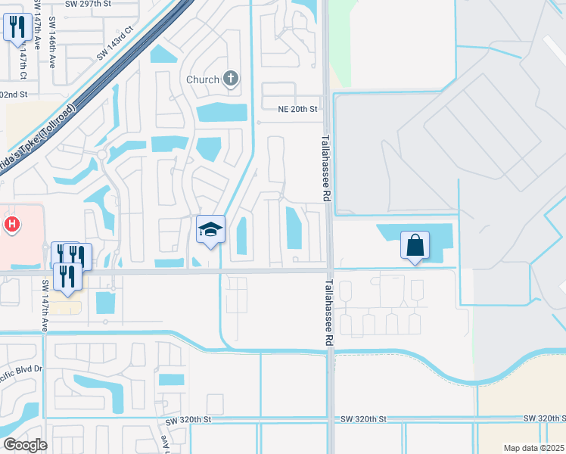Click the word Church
pos(203,79)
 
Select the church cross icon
pos(231,79)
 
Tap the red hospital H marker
pos(11,224)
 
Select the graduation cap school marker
pos(211,231)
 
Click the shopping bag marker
pos(415,246)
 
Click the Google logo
pos(24,445)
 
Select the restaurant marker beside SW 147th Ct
pos(16,29)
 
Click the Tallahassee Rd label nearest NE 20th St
pos(326,167)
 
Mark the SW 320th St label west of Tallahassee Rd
pos(188,419)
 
